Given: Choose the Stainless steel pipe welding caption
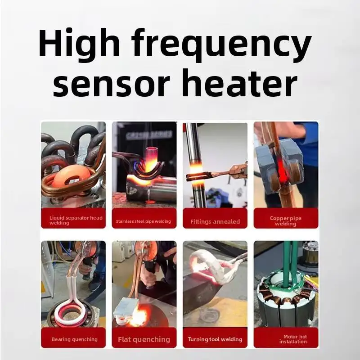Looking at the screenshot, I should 144,221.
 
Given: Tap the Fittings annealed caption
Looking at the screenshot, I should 215,221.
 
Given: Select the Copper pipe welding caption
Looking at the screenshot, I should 286,221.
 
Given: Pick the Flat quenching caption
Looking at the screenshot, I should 144,339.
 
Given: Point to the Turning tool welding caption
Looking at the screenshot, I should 215,339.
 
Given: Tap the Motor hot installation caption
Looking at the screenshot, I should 286,339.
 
